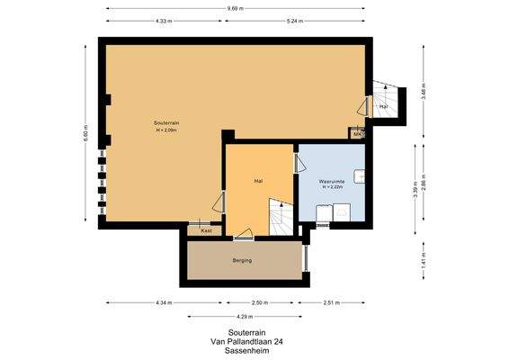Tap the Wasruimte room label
(x=332, y=181)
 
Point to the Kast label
(x=206, y=230)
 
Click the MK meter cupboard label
(x=357, y=135)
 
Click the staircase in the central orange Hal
(x=277, y=220)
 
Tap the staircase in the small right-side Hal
(x=388, y=95)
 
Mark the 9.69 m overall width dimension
(x=236, y=8)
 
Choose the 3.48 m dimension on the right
(x=424, y=85)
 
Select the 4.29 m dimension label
(x=246, y=316)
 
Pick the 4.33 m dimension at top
(x=163, y=20)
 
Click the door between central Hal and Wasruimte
(x=297, y=164)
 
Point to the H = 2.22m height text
(x=332, y=189)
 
